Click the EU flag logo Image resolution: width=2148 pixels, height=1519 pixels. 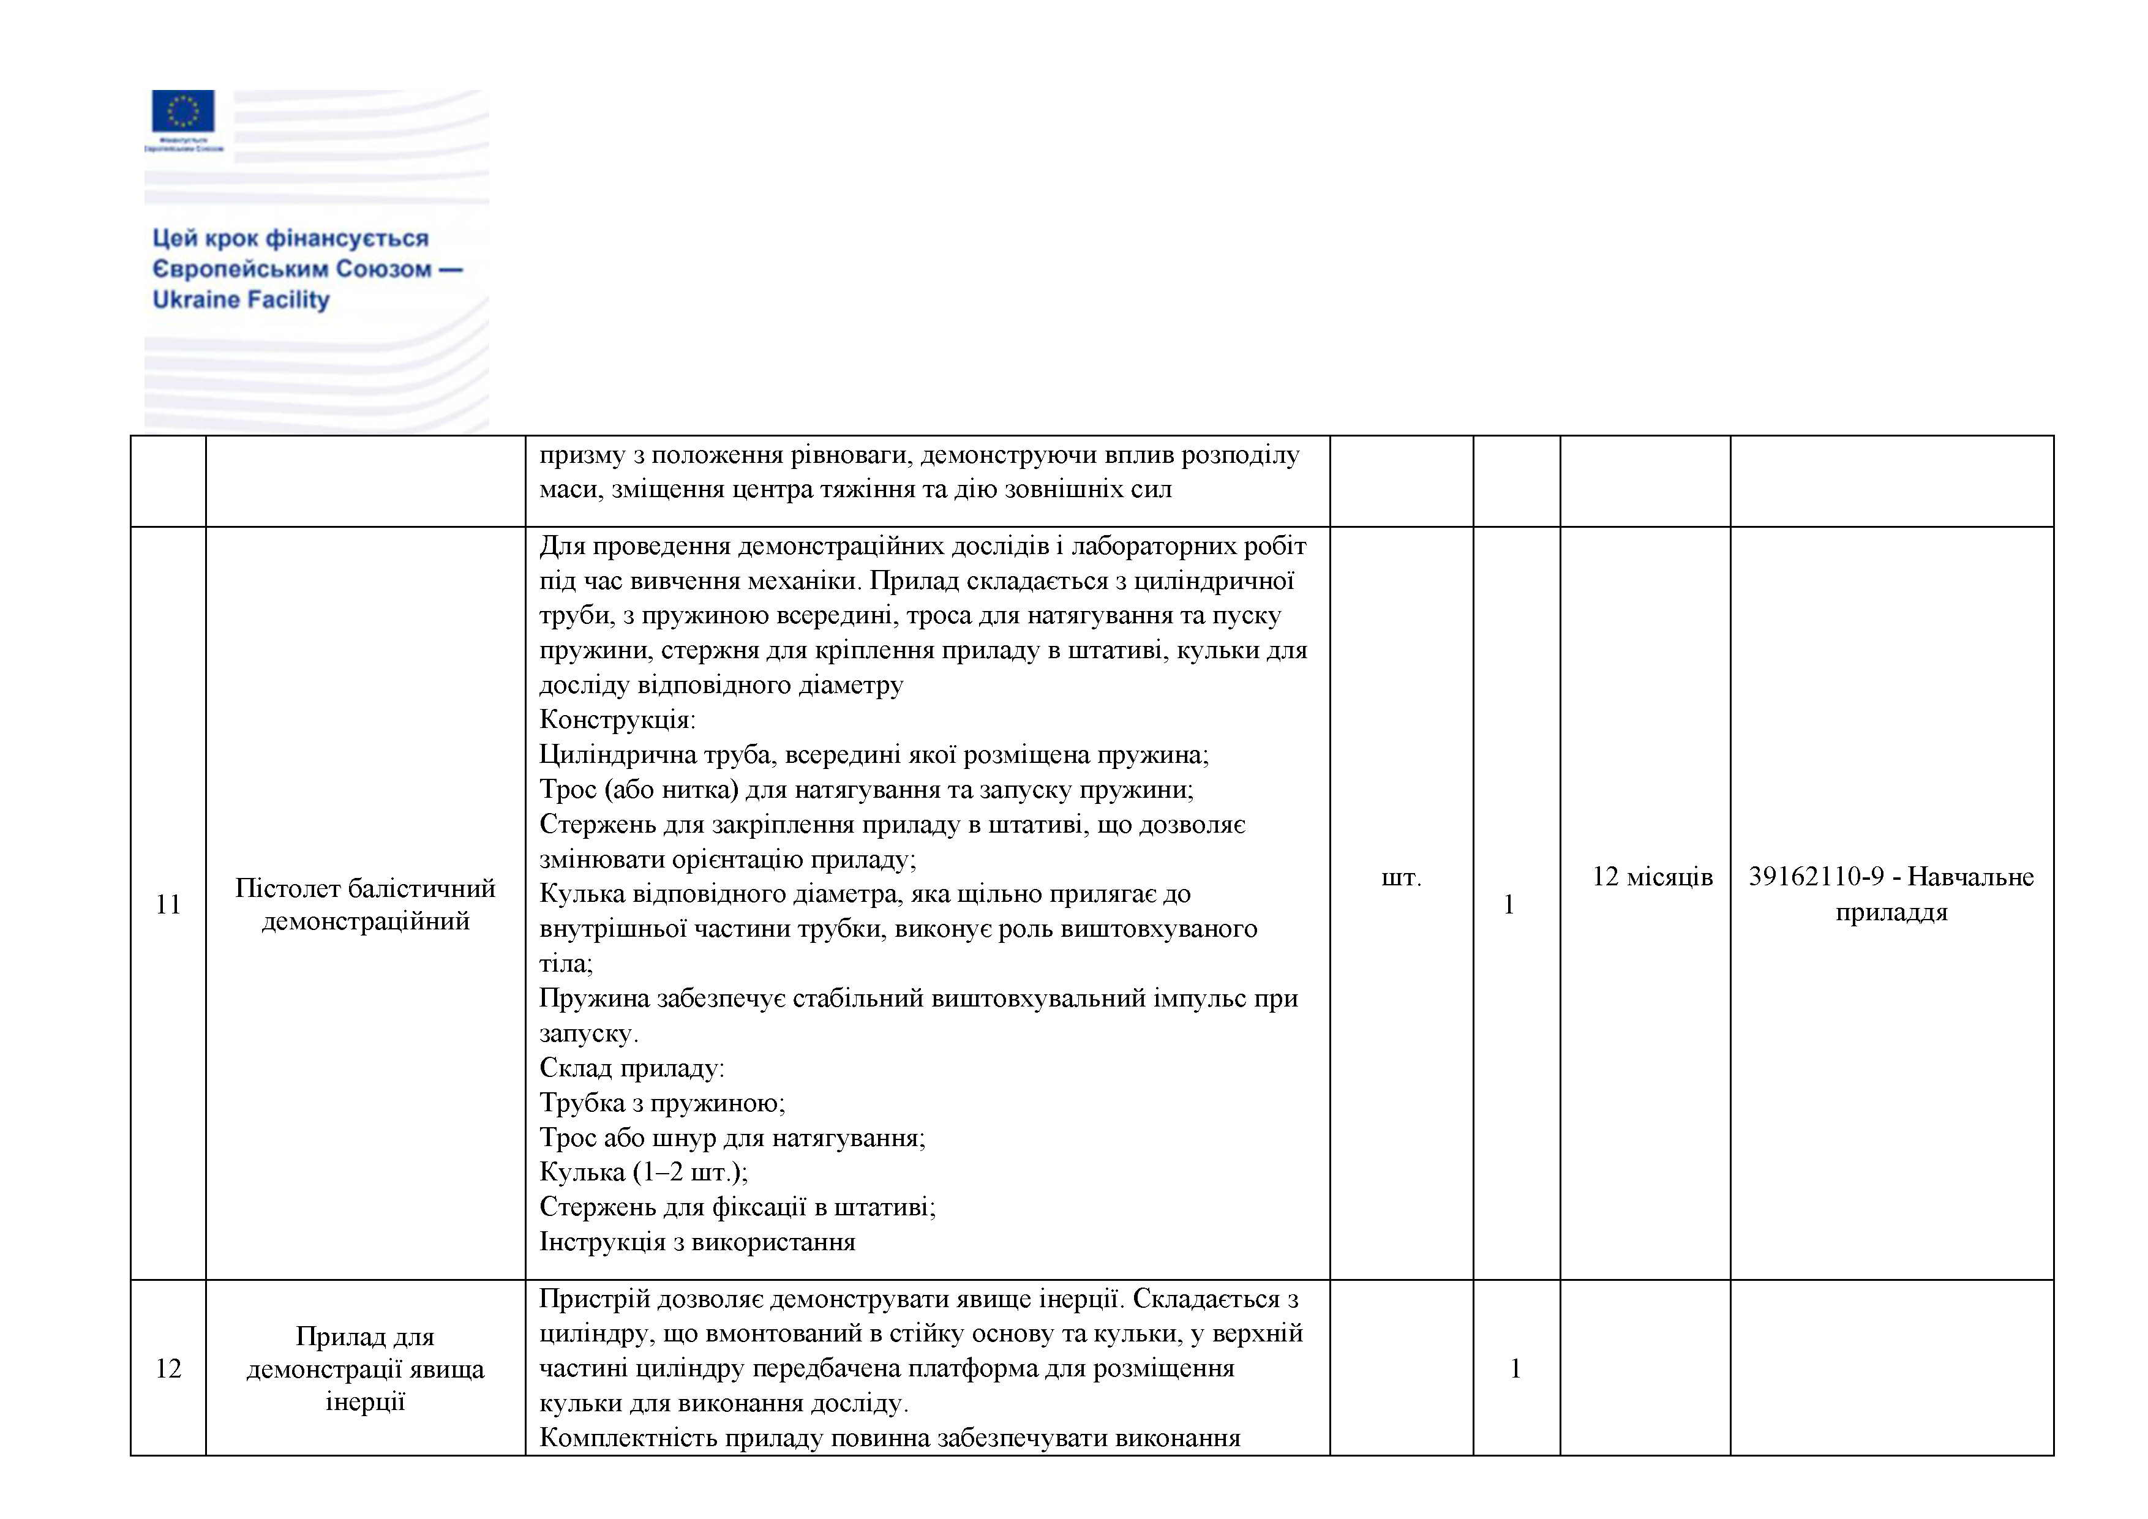183,111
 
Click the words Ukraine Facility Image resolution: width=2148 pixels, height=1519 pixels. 241,300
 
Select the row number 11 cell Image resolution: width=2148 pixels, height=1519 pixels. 168,904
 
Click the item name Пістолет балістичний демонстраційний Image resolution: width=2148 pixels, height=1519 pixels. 365,904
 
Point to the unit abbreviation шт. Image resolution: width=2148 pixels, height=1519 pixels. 1400,877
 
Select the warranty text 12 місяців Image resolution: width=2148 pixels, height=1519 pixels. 1652,877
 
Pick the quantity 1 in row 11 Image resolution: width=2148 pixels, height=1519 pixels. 1508,904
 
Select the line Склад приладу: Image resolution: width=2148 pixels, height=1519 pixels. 631,1068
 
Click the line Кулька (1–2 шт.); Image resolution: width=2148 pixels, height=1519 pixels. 644,1172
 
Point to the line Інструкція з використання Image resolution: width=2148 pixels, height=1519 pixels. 697,1242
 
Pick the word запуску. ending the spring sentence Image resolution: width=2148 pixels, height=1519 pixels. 588,1033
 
